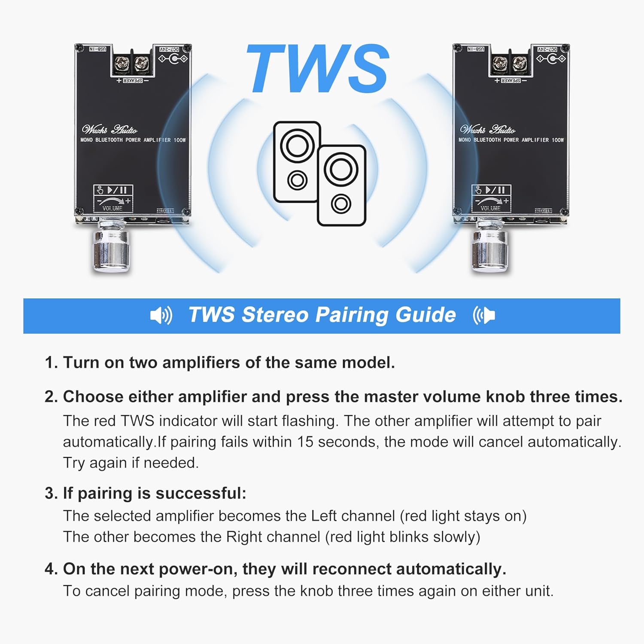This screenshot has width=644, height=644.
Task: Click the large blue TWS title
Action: pos(318,69)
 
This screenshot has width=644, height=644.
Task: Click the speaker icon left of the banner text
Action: pos(161,316)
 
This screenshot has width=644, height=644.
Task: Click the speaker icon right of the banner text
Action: pos(484,316)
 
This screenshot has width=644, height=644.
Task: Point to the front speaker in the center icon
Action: pos(341,185)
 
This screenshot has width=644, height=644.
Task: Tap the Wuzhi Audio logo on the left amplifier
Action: pos(109,129)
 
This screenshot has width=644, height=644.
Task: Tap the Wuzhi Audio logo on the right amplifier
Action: pos(488,129)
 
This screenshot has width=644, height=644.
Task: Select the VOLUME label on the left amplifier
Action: pos(112,208)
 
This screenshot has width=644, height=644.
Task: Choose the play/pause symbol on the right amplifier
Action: pos(495,190)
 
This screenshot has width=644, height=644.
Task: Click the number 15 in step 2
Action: pos(305,442)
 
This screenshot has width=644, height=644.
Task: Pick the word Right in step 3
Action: pos(244,537)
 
